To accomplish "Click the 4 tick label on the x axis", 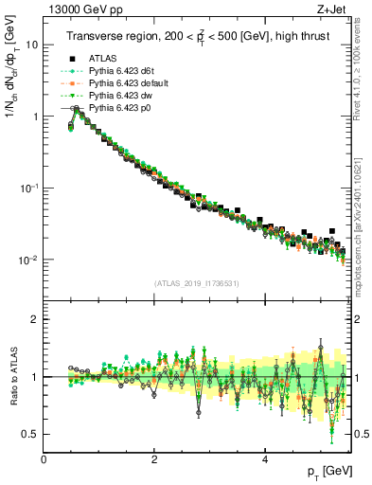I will coord(264,459).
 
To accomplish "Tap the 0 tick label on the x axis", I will coord(44,459).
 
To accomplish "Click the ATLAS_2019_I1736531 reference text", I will coord(195,283).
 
